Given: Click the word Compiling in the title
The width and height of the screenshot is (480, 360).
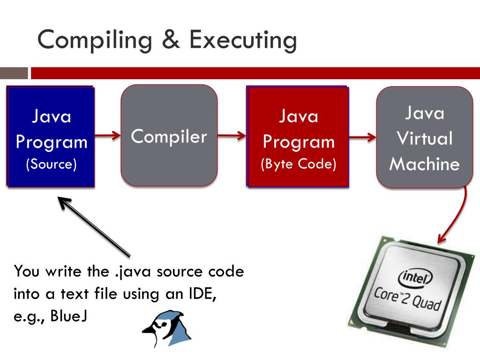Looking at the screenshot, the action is (95, 40).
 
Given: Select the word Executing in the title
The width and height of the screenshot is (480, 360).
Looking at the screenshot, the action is (243, 40).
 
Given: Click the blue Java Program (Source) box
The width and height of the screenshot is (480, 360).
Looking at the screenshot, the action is (51, 136).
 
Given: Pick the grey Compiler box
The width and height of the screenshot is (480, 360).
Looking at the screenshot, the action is (169, 135).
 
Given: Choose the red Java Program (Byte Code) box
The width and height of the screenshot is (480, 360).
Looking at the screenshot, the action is (298, 136).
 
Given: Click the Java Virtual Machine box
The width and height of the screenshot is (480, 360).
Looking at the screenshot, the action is (425, 137).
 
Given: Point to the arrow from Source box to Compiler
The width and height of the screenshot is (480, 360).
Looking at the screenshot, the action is (108, 135).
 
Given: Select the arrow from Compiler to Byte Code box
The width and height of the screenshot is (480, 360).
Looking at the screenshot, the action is (232, 135).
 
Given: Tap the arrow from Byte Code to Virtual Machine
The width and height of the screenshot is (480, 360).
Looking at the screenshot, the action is (363, 137).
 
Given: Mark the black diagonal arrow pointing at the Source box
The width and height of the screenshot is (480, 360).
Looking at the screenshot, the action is (94, 226).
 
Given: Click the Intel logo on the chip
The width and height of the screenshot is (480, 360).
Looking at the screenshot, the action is (415, 277).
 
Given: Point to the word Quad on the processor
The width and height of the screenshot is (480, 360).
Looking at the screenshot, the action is (427, 303).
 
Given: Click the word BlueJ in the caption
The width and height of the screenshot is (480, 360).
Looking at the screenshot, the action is (69, 315).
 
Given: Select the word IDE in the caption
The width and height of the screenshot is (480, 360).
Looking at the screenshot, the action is (202, 293).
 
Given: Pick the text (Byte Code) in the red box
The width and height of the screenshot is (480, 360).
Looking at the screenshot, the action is (299, 164).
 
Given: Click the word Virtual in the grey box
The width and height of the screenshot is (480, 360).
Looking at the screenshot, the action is (425, 138).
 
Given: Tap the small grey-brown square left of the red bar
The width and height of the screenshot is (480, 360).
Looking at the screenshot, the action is (14, 73).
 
